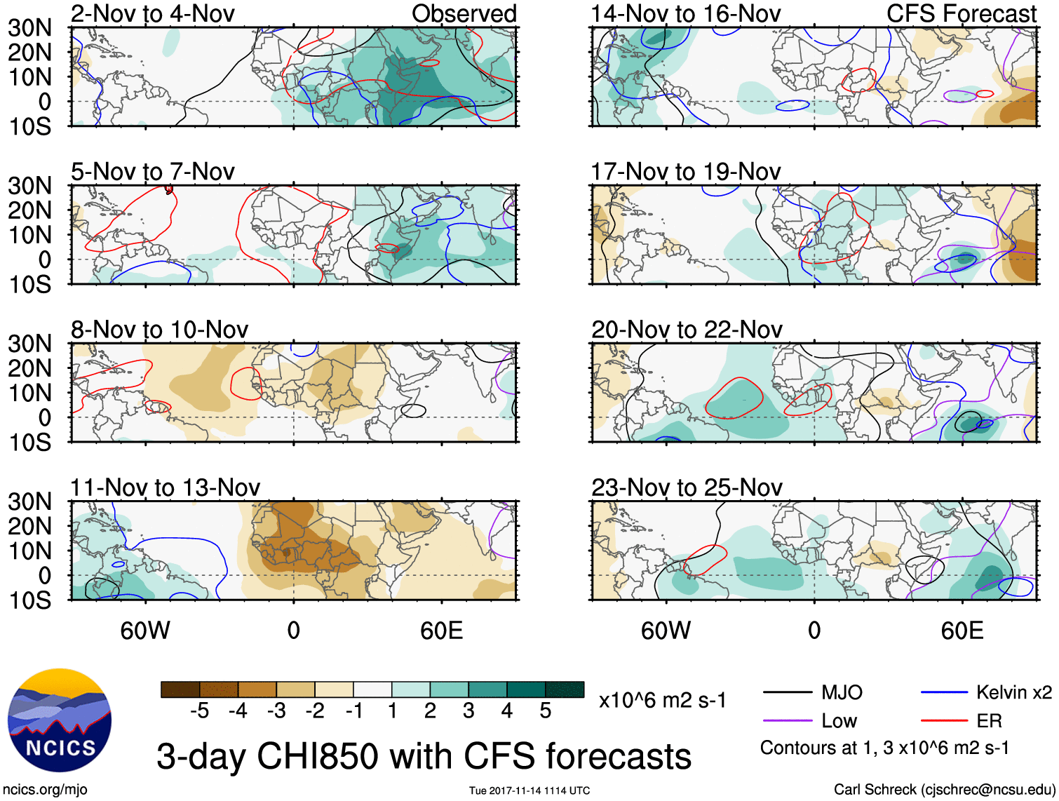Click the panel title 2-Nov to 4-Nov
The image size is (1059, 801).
152,14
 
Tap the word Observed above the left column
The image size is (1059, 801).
464,14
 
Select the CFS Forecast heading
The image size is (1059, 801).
961,14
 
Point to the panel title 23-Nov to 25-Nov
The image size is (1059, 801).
686,487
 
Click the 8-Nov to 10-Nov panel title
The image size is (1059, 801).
159,330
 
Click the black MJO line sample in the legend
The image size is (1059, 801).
788,693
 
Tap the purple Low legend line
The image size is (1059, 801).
788,720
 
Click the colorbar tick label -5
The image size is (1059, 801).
200,711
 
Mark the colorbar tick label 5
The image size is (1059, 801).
545,711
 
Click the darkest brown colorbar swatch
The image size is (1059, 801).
180,689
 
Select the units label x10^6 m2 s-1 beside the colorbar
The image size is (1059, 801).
662,700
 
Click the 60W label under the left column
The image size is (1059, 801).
145,631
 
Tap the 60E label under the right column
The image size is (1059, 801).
962,631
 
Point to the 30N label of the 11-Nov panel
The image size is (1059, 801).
29,502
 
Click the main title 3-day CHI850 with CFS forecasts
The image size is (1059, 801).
424,756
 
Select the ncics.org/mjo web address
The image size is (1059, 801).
46,789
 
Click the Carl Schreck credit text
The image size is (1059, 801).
944,789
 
